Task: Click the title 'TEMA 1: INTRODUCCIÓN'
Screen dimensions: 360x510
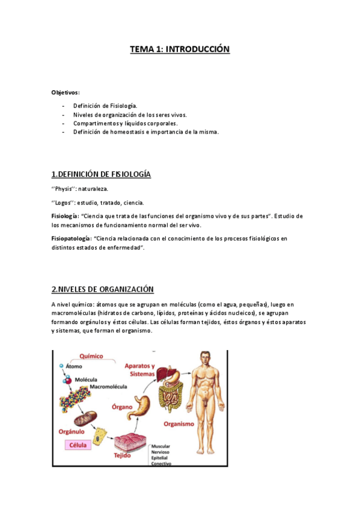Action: click(x=180, y=49)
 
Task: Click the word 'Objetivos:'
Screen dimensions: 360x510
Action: click(x=66, y=93)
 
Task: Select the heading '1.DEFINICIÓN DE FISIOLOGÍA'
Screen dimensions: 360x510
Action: click(x=101, y=174)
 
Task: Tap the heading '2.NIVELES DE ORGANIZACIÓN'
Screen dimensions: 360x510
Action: click(x=103, y=290)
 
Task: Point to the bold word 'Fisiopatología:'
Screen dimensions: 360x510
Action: click(x=72, y=239)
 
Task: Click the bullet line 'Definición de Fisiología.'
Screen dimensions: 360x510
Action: click(x=105, y=105)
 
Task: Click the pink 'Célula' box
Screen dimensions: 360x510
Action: click(x=78, y=446)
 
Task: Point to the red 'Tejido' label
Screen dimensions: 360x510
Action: click(x=123, y=456)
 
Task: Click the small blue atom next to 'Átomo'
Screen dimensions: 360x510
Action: click(x=61, y=365)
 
